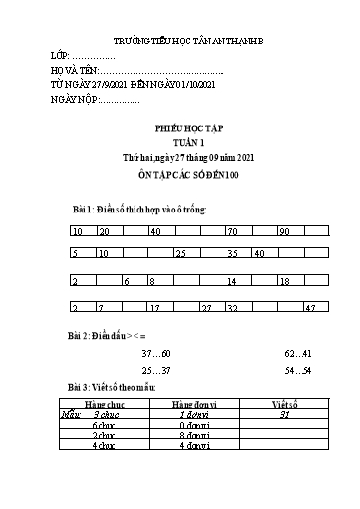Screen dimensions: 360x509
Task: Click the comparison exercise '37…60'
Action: pos(157,353)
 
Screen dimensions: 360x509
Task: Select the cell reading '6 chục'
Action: pos(106,425)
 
